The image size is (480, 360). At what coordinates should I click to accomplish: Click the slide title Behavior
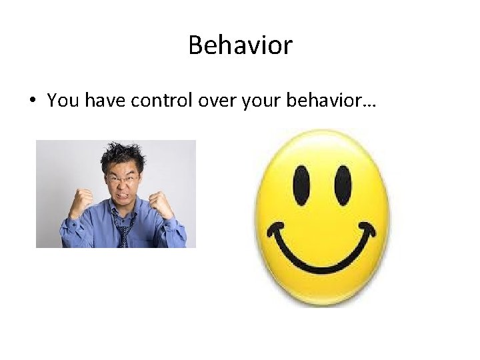tap(240, 45)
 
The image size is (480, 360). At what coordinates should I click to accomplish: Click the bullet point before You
tap(32, 101)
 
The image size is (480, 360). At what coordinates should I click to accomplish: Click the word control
tap(154, 100)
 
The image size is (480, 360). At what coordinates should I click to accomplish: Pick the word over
tap(207, 100)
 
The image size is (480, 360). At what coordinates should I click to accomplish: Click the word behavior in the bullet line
tap(307, 100)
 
